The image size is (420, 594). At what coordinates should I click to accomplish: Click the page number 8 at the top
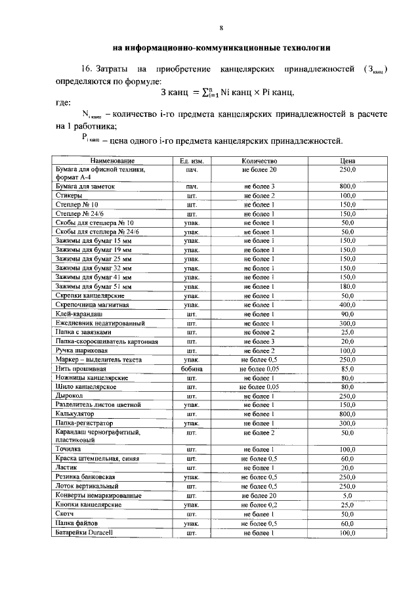tap(221, 28)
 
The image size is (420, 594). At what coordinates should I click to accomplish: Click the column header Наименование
tap(108, 161)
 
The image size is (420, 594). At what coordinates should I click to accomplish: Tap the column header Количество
tap(259, 161)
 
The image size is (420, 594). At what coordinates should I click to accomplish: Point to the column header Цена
tap(347, 161)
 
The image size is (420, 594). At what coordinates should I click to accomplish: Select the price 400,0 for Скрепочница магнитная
tap(347, 305)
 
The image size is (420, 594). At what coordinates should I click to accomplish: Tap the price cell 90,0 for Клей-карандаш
tap(347, 314)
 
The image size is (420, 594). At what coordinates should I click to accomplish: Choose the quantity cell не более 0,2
tap(259, 505)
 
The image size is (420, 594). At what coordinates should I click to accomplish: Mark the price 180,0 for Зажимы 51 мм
tap(347, 287)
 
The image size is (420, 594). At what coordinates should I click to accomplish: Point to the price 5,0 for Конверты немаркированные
tap(347, 496)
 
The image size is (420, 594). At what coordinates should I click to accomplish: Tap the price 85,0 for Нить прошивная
tap(347, 370)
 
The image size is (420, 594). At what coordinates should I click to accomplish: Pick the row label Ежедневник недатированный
tap(100, 324)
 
